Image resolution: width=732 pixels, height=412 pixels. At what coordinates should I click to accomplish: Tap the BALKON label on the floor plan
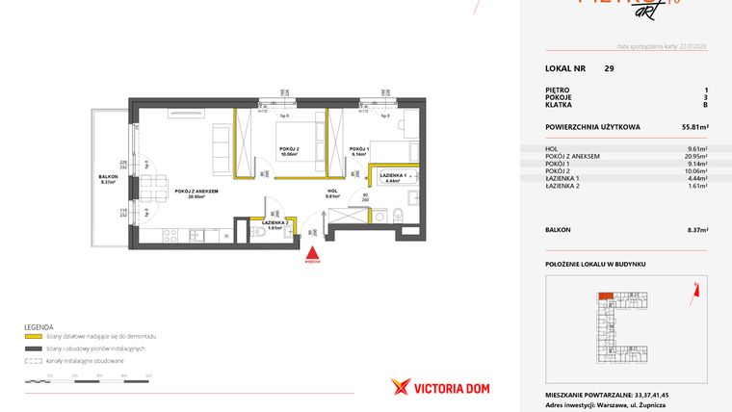point(109,177)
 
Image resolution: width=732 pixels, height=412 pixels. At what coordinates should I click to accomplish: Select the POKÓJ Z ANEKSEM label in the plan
point(196,191)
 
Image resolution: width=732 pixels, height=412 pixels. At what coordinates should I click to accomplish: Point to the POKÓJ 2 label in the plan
point(290,149)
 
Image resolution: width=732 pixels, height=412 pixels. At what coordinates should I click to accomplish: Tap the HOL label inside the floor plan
point(331,191)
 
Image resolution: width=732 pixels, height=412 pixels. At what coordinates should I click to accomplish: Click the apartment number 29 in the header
point(609,68)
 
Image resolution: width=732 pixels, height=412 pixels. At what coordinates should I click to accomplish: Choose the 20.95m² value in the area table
point(695,156)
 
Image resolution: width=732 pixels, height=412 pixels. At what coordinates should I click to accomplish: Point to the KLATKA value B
point(705,105)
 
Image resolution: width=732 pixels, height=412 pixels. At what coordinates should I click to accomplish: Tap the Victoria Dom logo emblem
point(402,386)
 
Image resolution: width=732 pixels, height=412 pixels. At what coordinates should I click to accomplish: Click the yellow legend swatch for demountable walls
point(34,336)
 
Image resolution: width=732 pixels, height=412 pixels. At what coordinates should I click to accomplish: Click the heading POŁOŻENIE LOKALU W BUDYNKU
point(594,263)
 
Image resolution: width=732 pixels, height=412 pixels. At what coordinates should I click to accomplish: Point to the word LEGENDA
point(39,326)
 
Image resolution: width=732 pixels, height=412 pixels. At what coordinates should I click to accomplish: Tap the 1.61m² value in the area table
point(698,186)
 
